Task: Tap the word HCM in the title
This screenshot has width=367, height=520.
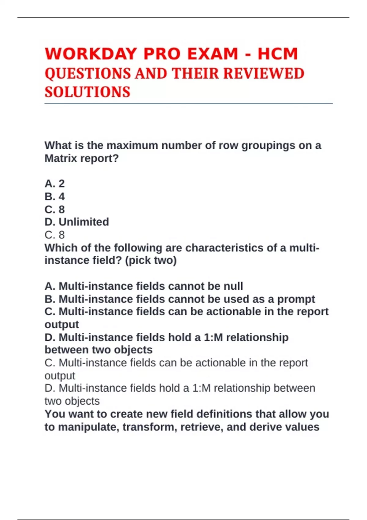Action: click(278, 54)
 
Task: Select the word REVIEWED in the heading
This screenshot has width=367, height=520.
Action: click(264, 74)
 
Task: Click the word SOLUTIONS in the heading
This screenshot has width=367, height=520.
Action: click(87, 92)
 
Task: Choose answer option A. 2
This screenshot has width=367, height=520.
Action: click(55, 184)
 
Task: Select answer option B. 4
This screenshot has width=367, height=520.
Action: click(55, 196)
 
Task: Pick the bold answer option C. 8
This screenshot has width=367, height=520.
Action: click(55, 209)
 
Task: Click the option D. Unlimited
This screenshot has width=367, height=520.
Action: click(77, 222)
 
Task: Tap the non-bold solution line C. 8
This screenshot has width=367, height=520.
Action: click(55, 235)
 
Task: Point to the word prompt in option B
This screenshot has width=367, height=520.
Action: click(296, 299)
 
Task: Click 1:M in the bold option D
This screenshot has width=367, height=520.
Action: click(213, 337)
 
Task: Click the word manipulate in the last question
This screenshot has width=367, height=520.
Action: click(87, 427)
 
